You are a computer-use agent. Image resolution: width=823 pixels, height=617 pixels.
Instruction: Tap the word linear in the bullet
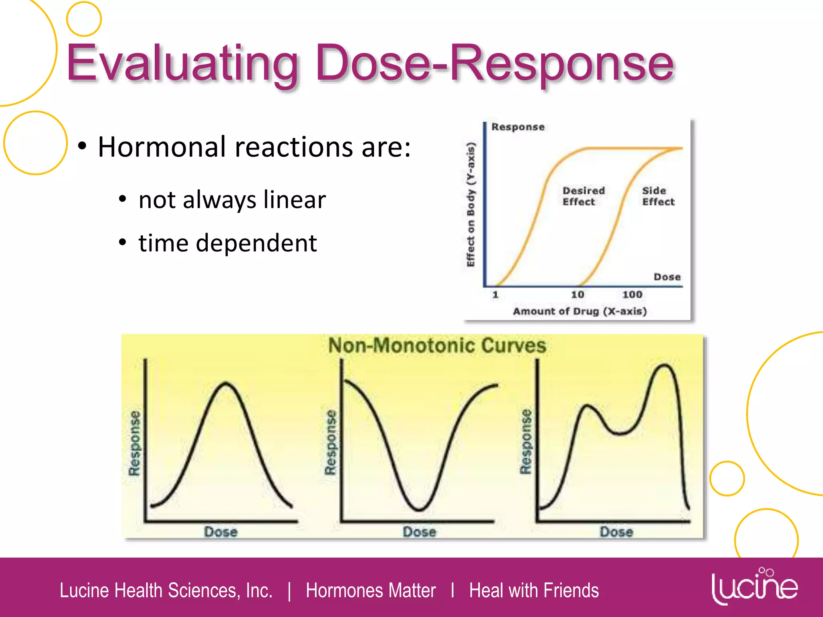tap(294, 200)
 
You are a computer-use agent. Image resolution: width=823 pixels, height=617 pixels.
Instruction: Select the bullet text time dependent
tap(227, 243)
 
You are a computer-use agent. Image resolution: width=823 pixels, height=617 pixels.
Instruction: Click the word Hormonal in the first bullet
tap(163, 147)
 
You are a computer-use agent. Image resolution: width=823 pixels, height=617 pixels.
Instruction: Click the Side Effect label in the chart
tap(658, 196)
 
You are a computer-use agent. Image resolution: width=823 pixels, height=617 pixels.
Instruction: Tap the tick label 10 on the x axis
tap(577, 294)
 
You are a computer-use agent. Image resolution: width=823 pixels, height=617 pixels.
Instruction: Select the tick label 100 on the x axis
tap(632, 294)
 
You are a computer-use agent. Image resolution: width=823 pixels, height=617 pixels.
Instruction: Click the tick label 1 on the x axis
tap(495, 294)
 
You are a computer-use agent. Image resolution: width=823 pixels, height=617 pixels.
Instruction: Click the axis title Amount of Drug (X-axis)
tap(579, 311)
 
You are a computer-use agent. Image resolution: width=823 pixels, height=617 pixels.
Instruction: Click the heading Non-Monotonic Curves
tap(437, 346)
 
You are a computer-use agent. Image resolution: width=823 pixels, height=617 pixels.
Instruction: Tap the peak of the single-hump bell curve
tap(226, 383)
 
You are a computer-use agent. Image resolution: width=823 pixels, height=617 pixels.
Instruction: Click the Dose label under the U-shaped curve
tap(419, 532)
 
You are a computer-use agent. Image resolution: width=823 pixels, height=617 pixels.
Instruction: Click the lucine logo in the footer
tap(755, 586)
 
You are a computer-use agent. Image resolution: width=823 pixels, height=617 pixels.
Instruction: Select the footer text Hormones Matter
tap(371, 590)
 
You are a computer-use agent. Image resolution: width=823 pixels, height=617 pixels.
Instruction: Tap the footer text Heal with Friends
tap(534, 590)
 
